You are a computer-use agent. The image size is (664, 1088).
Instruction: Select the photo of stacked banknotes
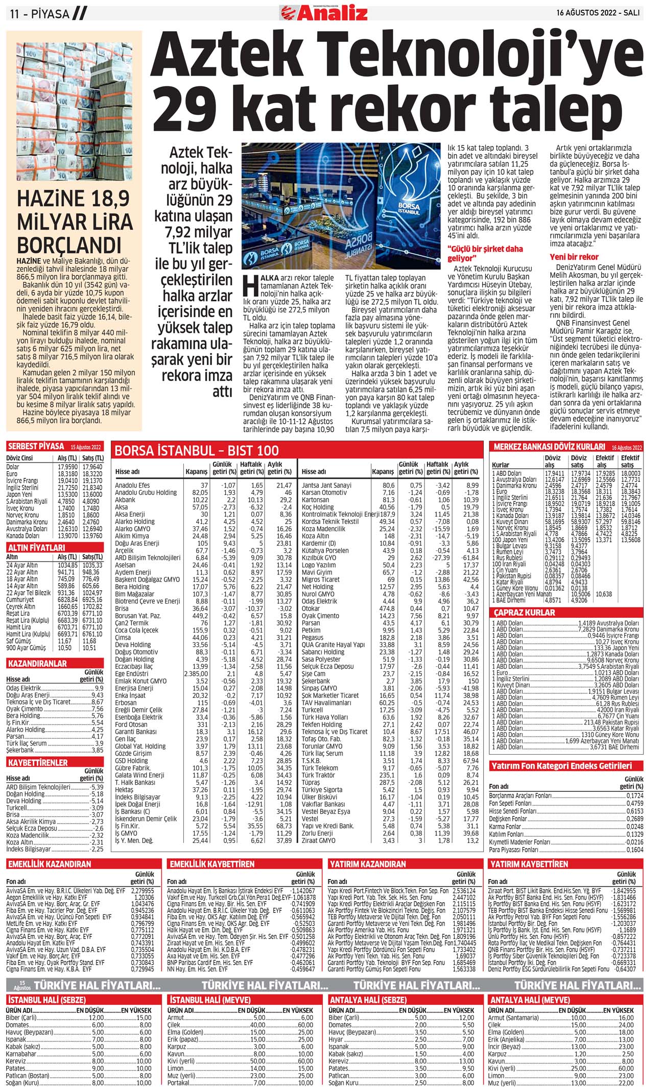pyautogui.click(x=74, y=111)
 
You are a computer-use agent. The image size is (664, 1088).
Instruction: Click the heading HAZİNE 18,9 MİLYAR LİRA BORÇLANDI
pyautogui.click(x=75, y=222)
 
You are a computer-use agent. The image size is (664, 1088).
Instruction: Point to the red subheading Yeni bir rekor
pyautogui.click(x=574, y=257)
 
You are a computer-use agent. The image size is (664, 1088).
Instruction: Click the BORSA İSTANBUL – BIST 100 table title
pyautogui.click(x=197, y=450)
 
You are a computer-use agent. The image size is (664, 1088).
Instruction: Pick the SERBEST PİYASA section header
pyautogui.click(x=36, y=446)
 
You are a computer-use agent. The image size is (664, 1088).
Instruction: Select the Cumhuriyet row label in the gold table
pyautogui.click(x=21, y=599)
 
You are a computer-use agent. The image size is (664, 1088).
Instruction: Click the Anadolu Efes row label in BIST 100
pyautogui.click(x=132, y=485)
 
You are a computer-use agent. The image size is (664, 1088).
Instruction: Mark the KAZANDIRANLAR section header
pyautogui.click(x=37, y=664)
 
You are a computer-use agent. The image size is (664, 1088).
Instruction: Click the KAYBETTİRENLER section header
pyautogui.click(x=38, y=762)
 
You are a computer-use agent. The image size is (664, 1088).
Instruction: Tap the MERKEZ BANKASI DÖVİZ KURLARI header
pyautogui.click(x=549, y=447)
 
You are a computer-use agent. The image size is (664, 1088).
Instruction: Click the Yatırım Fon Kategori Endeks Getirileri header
pyautogui.click(x=561, y=766)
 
